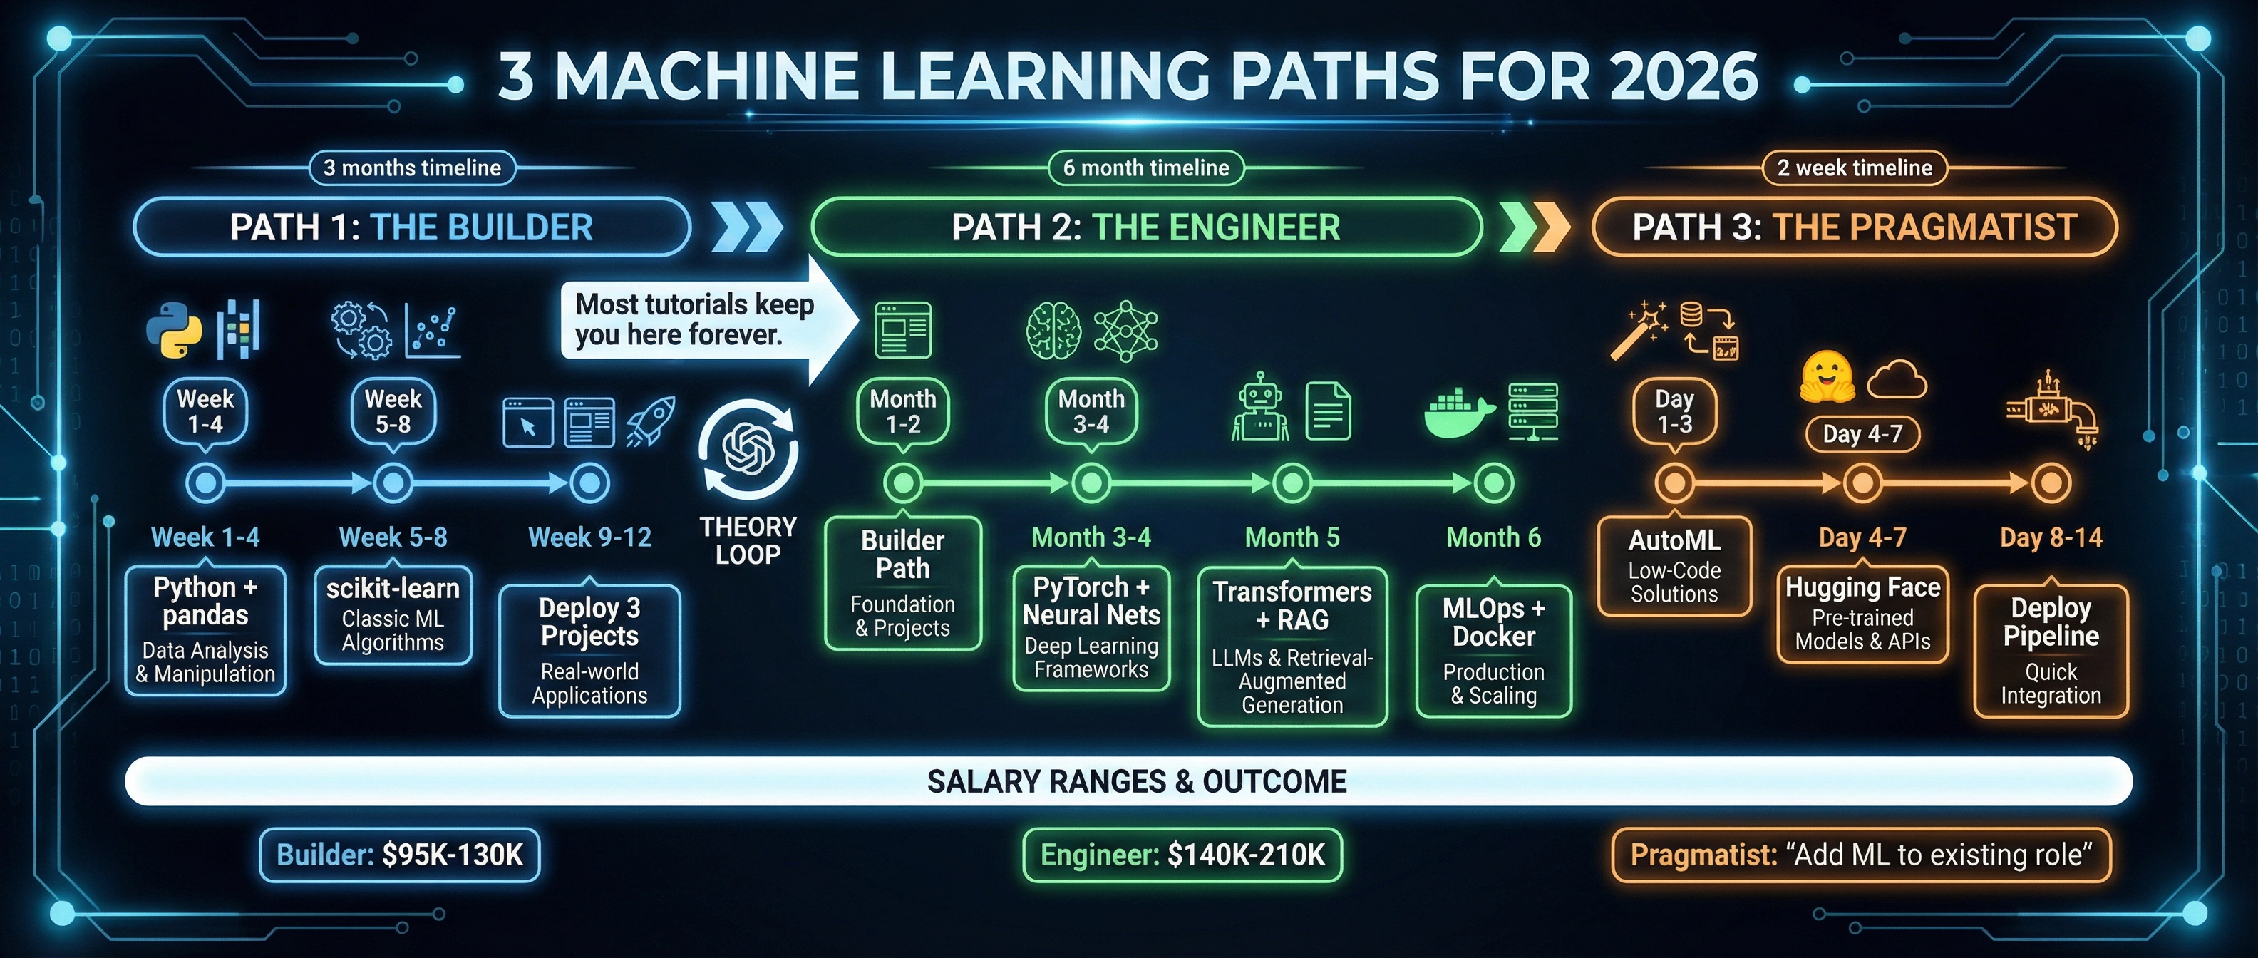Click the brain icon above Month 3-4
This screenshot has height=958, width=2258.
1053,331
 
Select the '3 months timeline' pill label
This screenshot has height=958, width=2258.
412,168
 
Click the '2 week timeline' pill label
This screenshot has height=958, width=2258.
1854,168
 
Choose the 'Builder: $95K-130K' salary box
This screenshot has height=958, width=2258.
400,855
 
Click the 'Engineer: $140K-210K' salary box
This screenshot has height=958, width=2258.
1182,855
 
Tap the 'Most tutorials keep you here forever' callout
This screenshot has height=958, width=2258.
693,320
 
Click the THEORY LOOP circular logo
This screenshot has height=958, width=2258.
748,450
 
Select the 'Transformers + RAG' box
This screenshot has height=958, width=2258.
1292,647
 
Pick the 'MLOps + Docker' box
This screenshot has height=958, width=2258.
1494,650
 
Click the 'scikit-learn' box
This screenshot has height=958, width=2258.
393,615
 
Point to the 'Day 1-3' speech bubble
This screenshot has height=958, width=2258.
1674,411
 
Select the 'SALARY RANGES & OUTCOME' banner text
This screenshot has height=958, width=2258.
1137,781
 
